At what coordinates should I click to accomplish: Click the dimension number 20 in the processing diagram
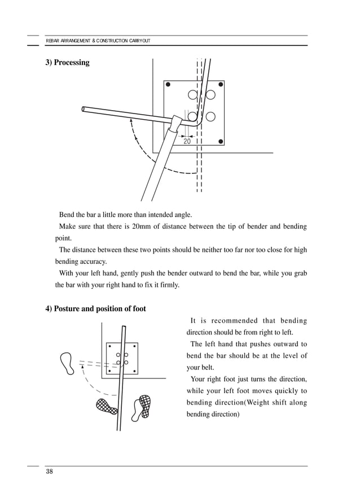(x=187, y=141)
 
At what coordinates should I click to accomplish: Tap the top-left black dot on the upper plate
(x=168, y=85)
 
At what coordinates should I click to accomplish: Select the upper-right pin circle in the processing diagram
(x=210, y=94)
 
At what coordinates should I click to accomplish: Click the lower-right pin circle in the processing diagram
(x=210, y=117)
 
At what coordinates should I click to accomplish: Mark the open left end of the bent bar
(x=84, y=108)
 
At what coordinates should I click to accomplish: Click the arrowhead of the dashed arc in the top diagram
(x=130, y=120)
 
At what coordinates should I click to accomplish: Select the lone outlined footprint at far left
(x=67, y=363)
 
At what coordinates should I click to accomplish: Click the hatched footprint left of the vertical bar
(x=107, y=406)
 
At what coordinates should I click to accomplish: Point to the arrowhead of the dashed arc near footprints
(x=83, y=368)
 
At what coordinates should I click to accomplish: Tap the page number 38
(x=50, y=472)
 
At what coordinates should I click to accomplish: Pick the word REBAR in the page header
(x=52, y=41)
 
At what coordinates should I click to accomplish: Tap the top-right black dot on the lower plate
(x=134, y=346)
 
